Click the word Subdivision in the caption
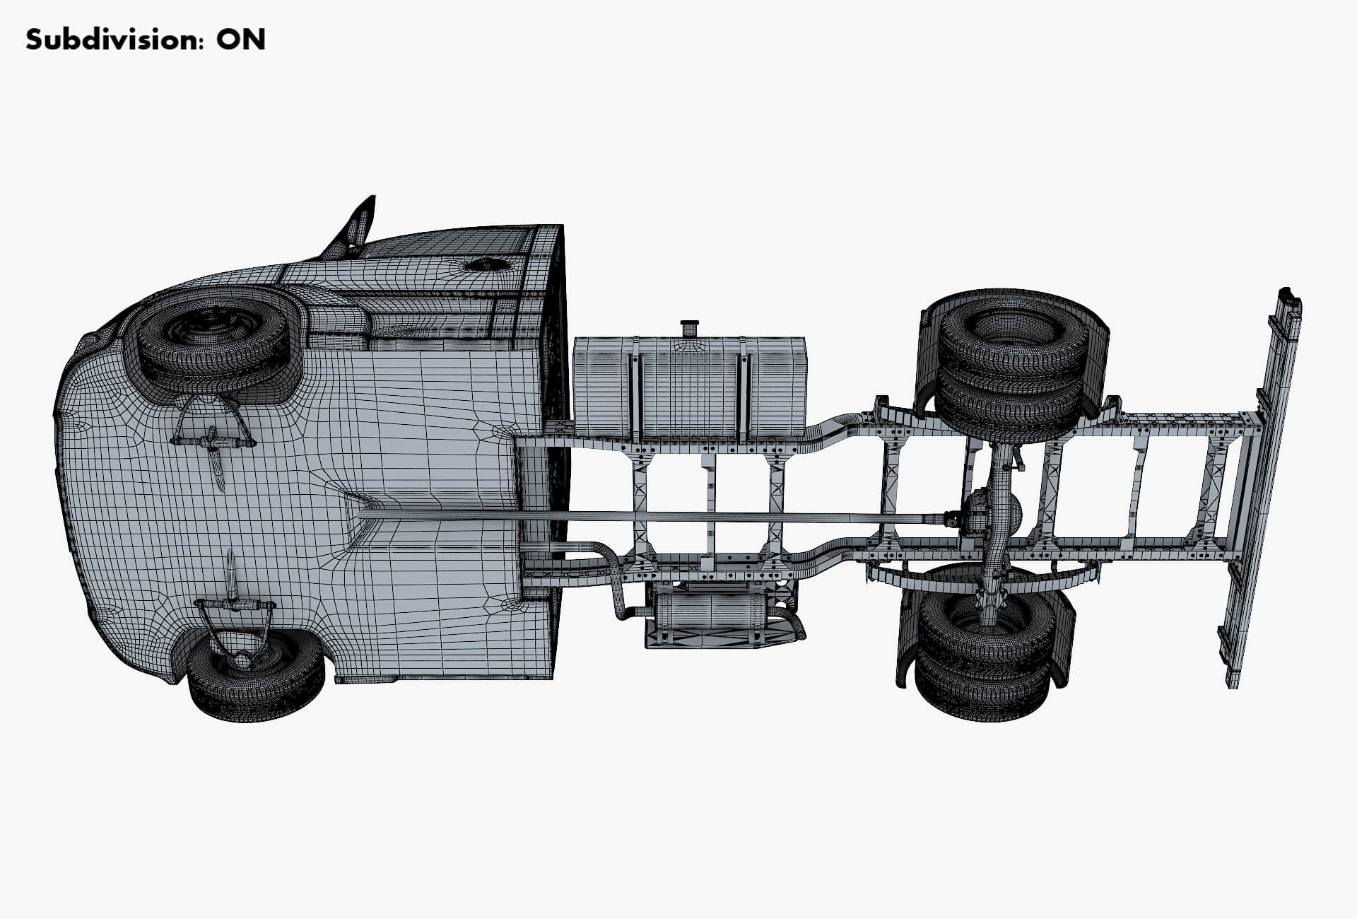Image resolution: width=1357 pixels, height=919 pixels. click(x=106, y=40)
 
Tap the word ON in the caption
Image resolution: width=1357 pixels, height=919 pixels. click(x=241, y=40)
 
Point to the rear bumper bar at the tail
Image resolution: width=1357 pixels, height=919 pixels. click(x=1265, y=488)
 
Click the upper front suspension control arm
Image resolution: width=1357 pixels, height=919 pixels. click(x=212, y=442)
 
